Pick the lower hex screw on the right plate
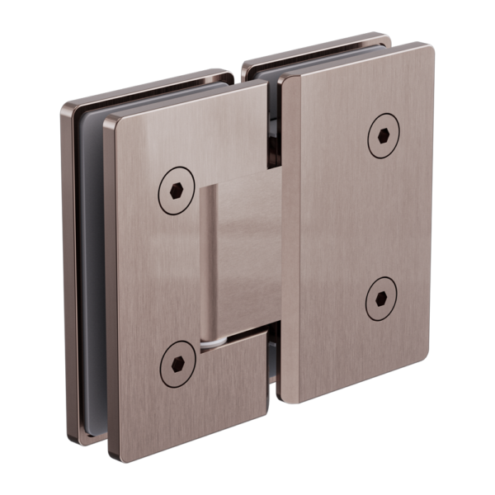[x=380, y=298]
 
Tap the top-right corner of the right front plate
[x=430, y=47]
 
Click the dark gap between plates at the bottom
[x=273, y=388]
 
